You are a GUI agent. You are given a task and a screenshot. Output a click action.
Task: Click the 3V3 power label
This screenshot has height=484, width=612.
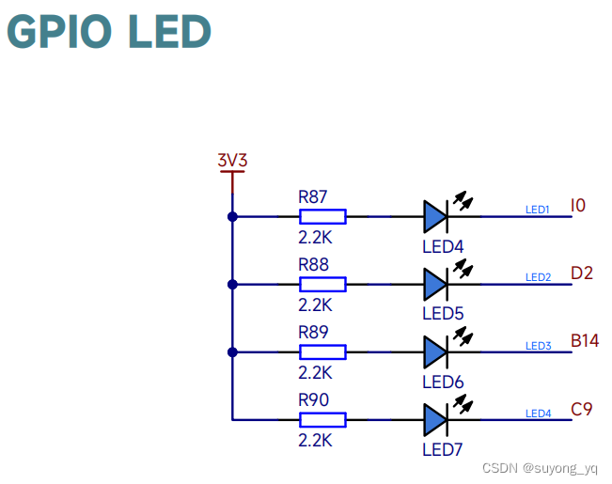coord(231,160)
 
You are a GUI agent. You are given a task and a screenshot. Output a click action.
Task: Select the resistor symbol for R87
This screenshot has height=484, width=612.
coord(322,216)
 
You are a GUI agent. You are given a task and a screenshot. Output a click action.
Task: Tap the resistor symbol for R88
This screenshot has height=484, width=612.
coord(322,284)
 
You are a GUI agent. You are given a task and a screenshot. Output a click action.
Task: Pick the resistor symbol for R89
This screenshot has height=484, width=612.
coord(322,351)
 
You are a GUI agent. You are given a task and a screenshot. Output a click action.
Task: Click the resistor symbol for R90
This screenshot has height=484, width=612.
coord(322,419)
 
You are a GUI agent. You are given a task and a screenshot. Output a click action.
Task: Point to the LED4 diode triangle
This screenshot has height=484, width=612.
coord(434,216)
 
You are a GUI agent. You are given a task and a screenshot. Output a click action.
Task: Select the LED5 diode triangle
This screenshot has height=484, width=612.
coord(434,284)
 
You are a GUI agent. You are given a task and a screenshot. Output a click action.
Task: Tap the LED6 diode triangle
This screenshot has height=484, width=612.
coord(434,351)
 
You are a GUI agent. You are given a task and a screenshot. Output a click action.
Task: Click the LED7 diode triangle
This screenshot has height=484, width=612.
coord(434,419)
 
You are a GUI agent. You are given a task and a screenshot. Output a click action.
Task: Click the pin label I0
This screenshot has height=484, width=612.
coord(578,205)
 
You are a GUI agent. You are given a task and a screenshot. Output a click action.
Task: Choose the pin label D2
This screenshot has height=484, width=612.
coord(582,273)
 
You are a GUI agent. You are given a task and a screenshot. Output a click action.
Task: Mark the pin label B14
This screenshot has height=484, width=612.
coord(585,340)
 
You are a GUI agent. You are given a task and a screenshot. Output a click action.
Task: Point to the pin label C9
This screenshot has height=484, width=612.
coord(582,409)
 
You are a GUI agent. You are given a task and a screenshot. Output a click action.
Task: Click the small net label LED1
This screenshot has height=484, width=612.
coord(538,210)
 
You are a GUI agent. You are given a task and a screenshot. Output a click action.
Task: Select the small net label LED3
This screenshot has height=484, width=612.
coord(538,346)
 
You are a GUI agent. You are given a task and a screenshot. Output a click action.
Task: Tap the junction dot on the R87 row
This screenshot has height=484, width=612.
coord(232,216)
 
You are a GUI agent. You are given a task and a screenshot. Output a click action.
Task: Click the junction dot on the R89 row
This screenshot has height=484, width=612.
coord(232,351)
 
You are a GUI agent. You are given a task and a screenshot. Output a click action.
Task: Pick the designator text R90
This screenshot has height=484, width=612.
coord(313,400)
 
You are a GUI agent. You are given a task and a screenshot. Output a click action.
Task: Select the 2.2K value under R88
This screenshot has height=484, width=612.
coord(315,304)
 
